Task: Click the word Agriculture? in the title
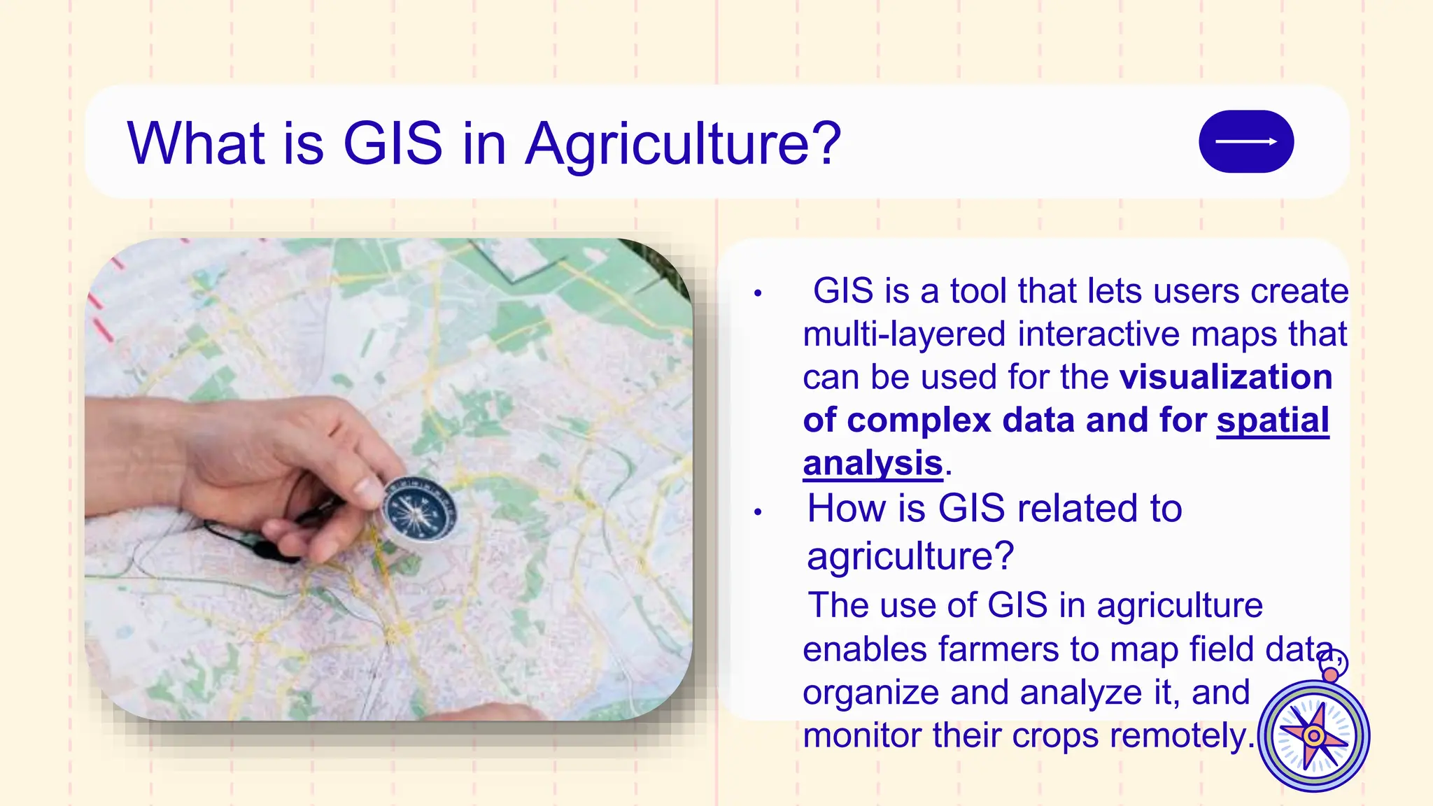[x=682, y=144]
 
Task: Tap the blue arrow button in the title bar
[x=1245, y=141]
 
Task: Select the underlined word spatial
[x=1272, y=420]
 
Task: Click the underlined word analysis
[x=873, y=464]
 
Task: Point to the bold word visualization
[x=1226, y=377]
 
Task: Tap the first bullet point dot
[x=757, y=294]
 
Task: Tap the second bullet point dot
[x=757, y=512]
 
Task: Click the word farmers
[x=998, y=649]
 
